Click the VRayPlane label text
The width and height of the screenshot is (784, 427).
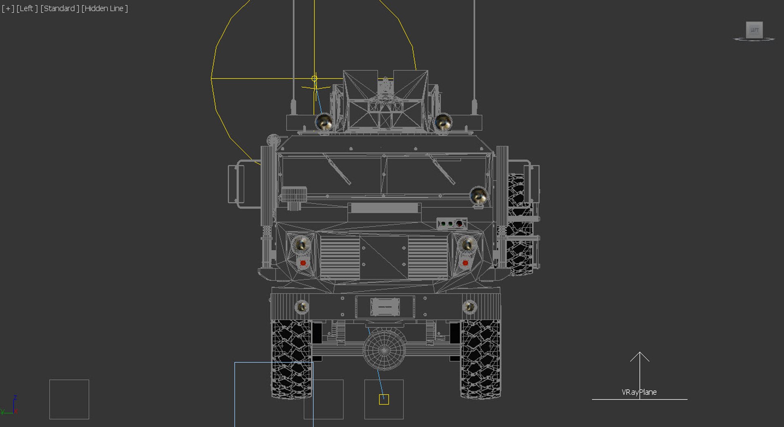click(x=639, y=392)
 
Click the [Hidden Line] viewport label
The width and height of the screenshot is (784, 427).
click(x=105, y=8)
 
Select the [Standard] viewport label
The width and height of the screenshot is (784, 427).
click(x=60, y=8)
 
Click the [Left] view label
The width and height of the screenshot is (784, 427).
click(x=27, y=8)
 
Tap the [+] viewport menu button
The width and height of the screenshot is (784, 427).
click(x=8, y=8)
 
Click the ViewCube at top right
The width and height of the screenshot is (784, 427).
click(x=754, y=30)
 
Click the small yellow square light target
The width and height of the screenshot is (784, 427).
click(x=384, y=399)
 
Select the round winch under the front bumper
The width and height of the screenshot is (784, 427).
click(x=384, y=349)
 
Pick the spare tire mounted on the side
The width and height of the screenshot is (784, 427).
click(x=519, y=225)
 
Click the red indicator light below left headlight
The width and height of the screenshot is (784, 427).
click(x=303, y=263)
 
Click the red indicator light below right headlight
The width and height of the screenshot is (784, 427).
click(x=465, y=263)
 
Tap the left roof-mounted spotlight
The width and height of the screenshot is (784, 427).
click(x=324, y=122)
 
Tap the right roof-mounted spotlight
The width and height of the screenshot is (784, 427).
click(x=443, y=122)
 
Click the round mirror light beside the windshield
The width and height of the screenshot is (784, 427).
click(x=478, y=196)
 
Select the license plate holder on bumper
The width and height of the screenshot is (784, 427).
click(x=385, y=307)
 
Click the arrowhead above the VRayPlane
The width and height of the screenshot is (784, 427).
click(x=639, y=356)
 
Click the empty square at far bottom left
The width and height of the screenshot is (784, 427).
click(x=69, y=399)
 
